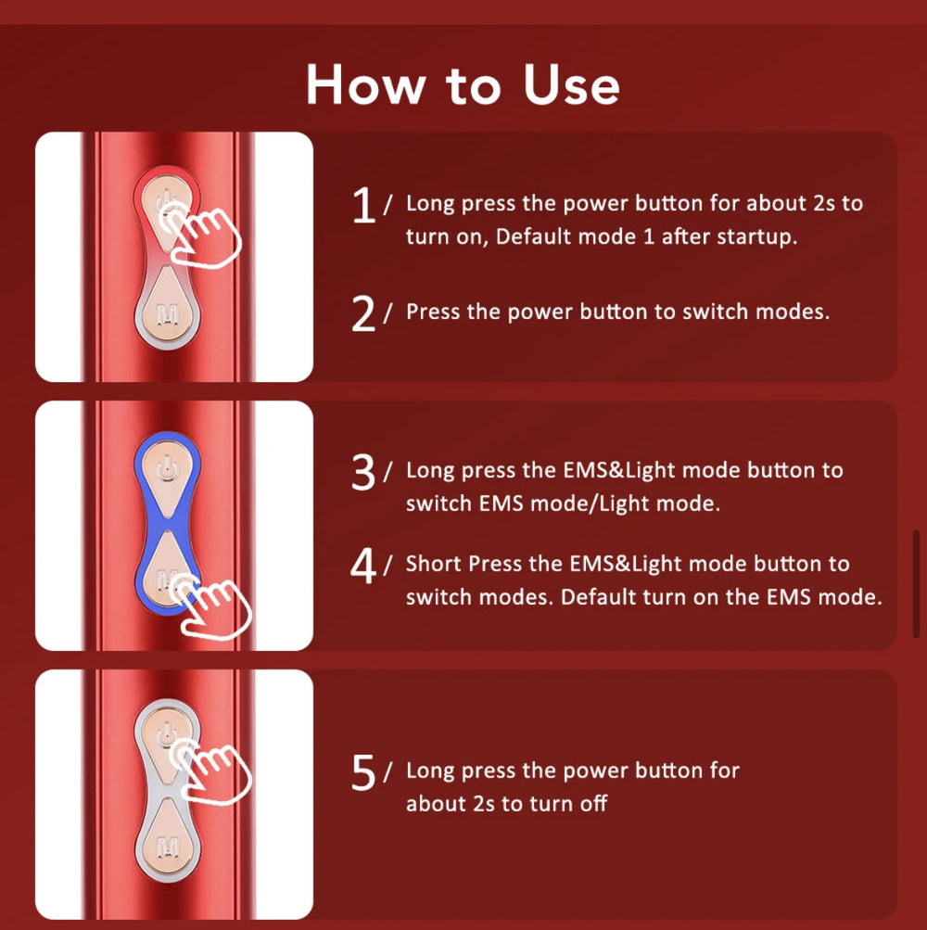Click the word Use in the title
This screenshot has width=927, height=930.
pyautogui.click(x=571, y=84)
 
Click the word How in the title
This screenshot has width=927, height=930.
pyautogui.click(x=366, y=84)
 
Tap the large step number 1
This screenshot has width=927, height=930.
pyautogui.click(x=363, y=205)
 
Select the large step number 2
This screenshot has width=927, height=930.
pyautogui.click(x=363, y=313)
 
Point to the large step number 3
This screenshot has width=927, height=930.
pyautogui.click(x=363, y=472)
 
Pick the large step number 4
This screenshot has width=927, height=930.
pyautogui.click(x=363, y=566)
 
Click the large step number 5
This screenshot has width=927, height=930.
pyautogui.click(x=363, y=772)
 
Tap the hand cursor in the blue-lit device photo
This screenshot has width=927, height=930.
pyautogui.click(x=210, y=605)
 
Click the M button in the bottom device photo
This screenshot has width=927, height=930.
pyautogui.click(x=167, y=842)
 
